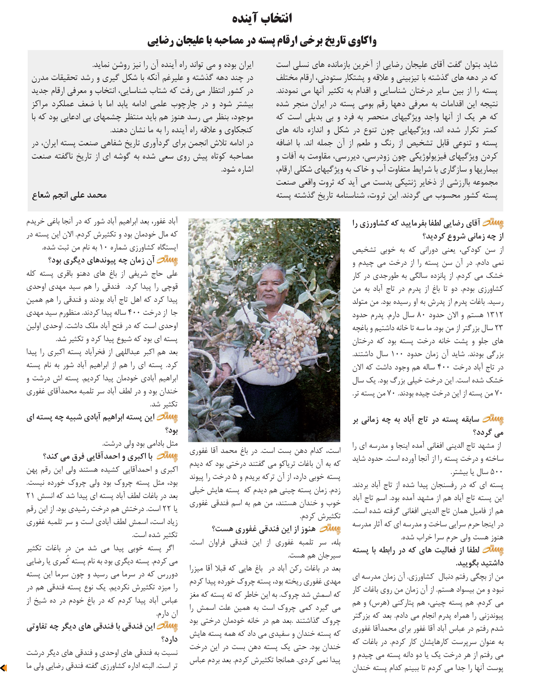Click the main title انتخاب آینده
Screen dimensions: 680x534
coord(262,18)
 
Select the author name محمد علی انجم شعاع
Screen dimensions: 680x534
coord(69,195)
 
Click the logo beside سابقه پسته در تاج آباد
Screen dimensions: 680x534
coord(493,419)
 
